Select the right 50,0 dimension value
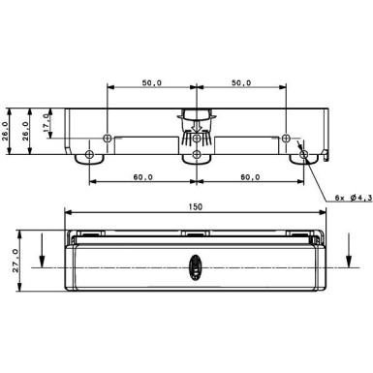(x=241, y=83)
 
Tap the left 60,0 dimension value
(x=143, y=178)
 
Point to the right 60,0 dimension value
(x=250, y=178)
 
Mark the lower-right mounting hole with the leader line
(x=303, y=153)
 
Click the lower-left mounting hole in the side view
(x=90, y=153)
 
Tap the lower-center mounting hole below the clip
(x=197, y=153)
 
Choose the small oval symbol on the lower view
(x=196, y=264)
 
